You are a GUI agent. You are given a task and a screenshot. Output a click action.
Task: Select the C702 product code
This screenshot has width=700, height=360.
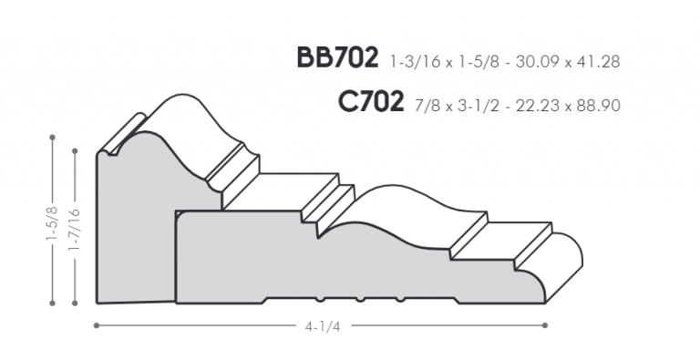pos(371,101)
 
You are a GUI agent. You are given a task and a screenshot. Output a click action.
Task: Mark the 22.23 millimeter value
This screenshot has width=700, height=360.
pos(537,106)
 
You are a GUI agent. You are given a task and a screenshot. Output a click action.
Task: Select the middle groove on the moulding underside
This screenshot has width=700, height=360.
pos(360,299)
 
